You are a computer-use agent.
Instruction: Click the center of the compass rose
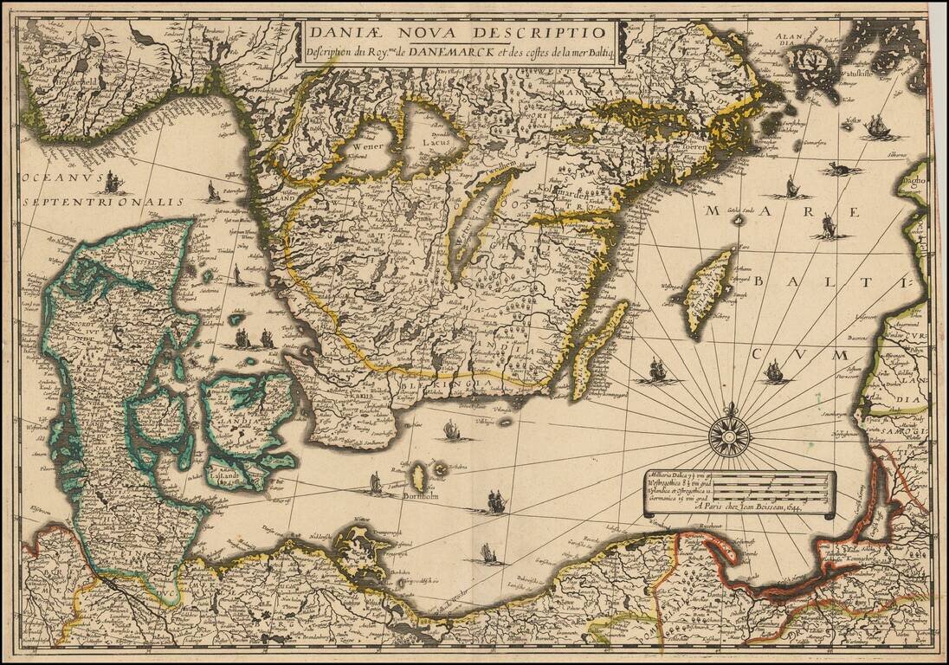[728, 436]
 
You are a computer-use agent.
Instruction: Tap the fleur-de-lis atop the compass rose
[728, 408]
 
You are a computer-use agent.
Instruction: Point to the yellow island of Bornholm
[420, 474]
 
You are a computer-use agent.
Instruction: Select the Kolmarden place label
[569, 197]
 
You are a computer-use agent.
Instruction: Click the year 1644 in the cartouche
[791, 507]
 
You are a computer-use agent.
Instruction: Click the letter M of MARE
[717, 211]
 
